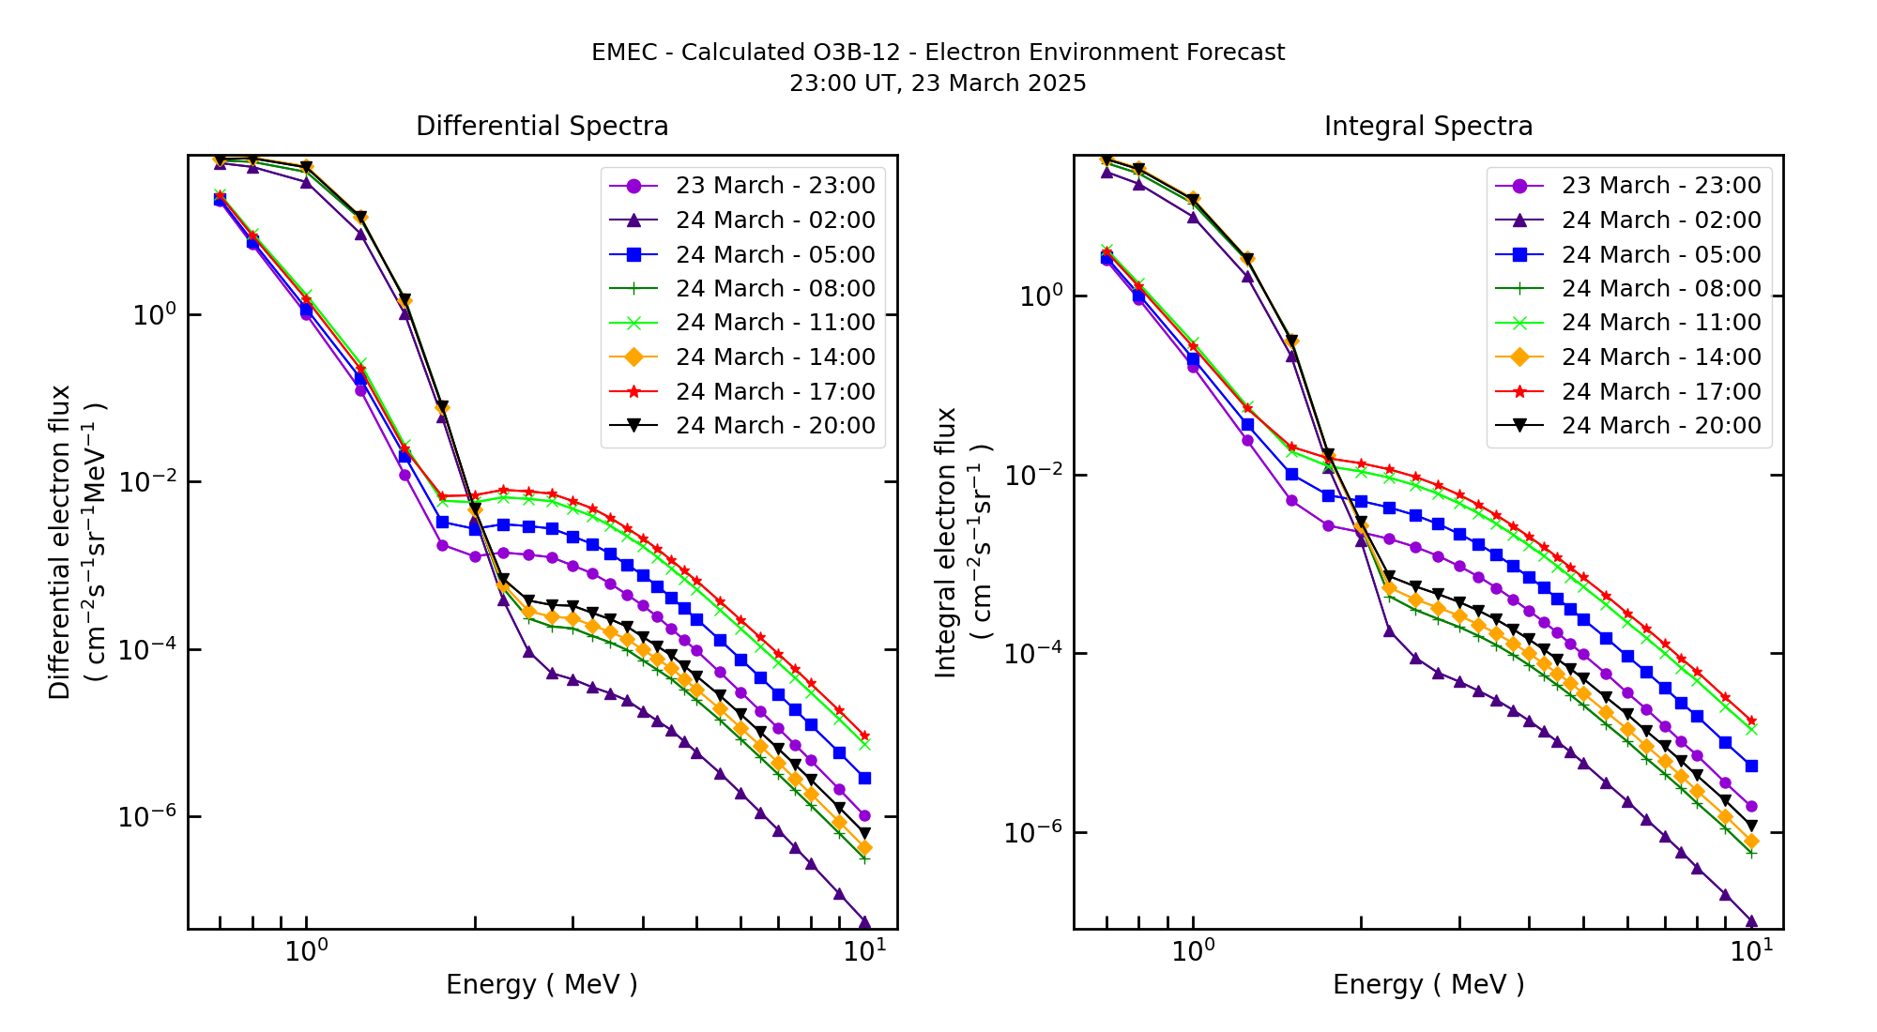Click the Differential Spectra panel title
(x=542, y=126)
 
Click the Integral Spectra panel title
(x=1427, y=126)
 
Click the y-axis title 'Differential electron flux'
(x=60, y=541)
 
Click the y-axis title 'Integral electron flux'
(x=946, y=541)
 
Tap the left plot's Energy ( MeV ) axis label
(x=542, y=984)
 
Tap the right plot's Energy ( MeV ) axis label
(x=1427, y=984)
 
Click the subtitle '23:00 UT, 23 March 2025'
(x=938, y=83)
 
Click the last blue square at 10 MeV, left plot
(x=864, y=778)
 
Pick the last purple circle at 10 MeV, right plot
(x=1750, y=806)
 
